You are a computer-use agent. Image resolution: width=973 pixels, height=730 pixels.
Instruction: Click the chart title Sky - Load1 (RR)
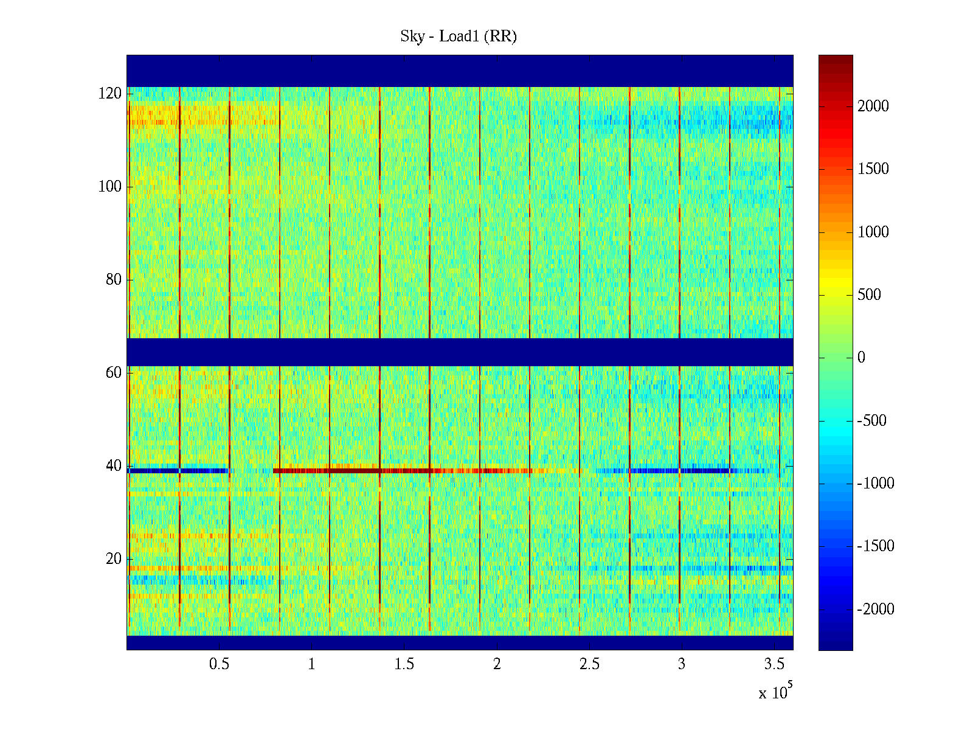coord(459,36)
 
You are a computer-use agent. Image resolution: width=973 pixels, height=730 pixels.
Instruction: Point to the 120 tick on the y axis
coord(110,94)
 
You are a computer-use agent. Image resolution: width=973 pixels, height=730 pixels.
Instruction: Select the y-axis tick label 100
coord(110,187)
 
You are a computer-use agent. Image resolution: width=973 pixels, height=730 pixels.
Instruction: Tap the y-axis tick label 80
coord(114,280)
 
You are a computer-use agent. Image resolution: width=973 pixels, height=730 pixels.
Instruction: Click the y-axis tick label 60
coord(114,373)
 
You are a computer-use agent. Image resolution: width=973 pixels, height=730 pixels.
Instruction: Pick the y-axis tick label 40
coord(114,466)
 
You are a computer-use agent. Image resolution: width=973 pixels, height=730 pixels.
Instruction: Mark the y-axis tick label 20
coord(114,559)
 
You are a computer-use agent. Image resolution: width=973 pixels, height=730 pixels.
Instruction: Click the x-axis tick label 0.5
coord(219,664)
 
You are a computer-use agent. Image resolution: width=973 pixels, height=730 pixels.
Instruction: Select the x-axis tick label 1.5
coord(404,664)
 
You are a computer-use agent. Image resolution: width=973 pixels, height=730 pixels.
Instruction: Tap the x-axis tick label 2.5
coord(589,664)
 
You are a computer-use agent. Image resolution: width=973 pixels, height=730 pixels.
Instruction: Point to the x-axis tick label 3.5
coord(774,664)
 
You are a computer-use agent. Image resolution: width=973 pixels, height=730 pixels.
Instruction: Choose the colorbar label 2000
coord(873,106)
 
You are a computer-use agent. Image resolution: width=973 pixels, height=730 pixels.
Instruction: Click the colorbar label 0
coord(861,358)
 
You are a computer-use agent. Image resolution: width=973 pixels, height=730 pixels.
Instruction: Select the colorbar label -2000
coord(876,610)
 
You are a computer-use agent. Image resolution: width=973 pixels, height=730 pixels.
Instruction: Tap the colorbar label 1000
coord(873,232)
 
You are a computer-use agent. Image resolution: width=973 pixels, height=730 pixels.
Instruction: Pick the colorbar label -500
coord(872,421)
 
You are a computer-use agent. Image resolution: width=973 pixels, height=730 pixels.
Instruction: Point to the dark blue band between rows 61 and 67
coord(460,352)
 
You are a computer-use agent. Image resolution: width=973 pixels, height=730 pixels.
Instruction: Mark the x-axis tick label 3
coord(682,664)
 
